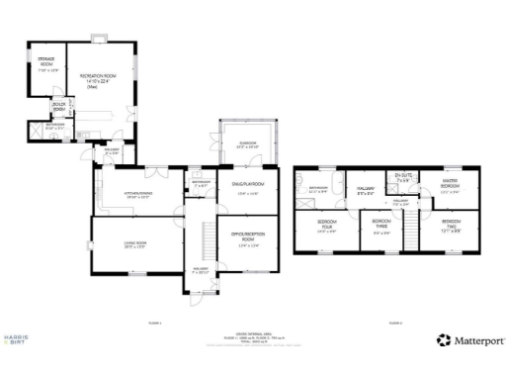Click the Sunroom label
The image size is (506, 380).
point(247,144)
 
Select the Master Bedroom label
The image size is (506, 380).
point(449,183)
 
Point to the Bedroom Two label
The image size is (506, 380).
point(451,226)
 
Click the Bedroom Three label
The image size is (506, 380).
point(380,226)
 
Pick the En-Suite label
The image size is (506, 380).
point(402,177)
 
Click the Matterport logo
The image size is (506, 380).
point(471,339)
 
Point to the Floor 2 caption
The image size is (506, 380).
point(395,323)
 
